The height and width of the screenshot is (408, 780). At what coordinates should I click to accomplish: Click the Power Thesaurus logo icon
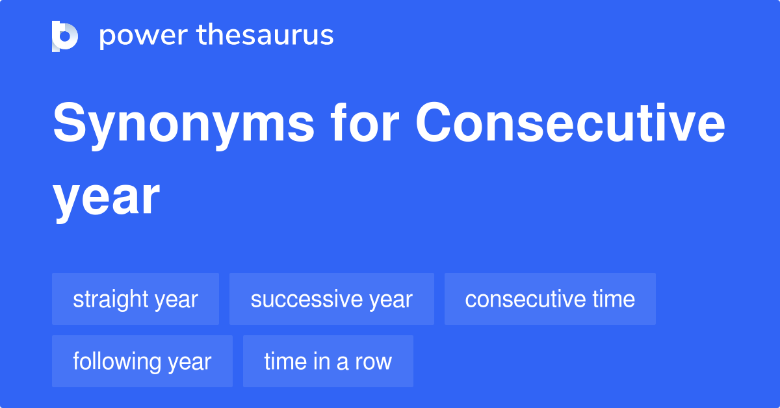(x=65, y=36)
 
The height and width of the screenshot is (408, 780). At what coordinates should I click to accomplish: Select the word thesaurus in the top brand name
(x=265, y=36)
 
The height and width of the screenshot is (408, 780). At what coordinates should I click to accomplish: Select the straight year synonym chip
(x=135, y=299)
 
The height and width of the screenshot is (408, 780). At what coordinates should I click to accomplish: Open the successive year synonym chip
(x=331, y=299)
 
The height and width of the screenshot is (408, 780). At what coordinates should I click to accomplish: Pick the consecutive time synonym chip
(x=550, y=299)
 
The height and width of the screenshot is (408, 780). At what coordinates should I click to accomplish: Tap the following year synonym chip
(x=142, y=361)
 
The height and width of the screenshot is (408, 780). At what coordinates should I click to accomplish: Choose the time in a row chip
(x=328, y=361)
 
